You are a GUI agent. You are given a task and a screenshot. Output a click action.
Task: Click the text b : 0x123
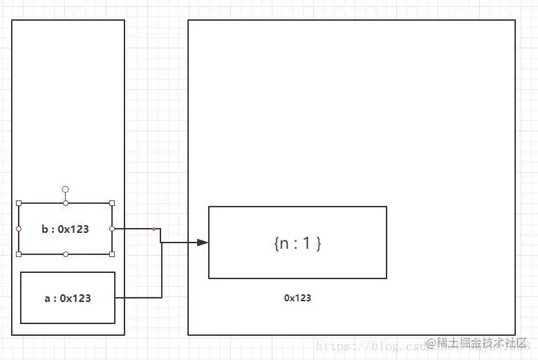click(65, 229)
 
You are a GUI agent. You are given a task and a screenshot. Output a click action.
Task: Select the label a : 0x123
click(68, 299)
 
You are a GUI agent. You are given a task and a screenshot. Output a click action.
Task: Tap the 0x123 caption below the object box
click(297, 298)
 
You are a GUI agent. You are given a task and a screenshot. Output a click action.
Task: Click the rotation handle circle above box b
click(66, 189)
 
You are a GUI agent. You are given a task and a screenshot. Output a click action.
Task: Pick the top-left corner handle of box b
click(19, 203)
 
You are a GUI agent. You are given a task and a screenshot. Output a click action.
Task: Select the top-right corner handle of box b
click(112, 203)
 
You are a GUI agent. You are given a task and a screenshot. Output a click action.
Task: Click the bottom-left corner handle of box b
click(19, 254)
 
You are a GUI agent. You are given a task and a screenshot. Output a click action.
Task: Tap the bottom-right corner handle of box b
click(112, 254)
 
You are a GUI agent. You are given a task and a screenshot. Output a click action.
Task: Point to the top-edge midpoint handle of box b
click(66, 203)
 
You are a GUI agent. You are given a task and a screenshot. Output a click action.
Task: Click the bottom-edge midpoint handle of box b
click(66, 254)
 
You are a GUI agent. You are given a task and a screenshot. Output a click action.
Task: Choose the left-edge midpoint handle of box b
click(19, 229)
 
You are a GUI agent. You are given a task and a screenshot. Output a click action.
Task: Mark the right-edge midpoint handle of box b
click(112, 229)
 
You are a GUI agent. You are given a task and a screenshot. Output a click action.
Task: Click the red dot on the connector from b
click(154, 229)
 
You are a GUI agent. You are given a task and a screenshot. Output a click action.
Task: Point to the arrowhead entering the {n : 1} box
click(203, 243)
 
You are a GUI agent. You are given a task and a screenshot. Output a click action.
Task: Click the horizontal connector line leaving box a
click(138, 298)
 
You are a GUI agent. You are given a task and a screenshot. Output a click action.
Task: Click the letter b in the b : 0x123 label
click(44, 229)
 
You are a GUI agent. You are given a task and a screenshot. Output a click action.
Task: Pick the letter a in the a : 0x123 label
click(47, 299)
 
